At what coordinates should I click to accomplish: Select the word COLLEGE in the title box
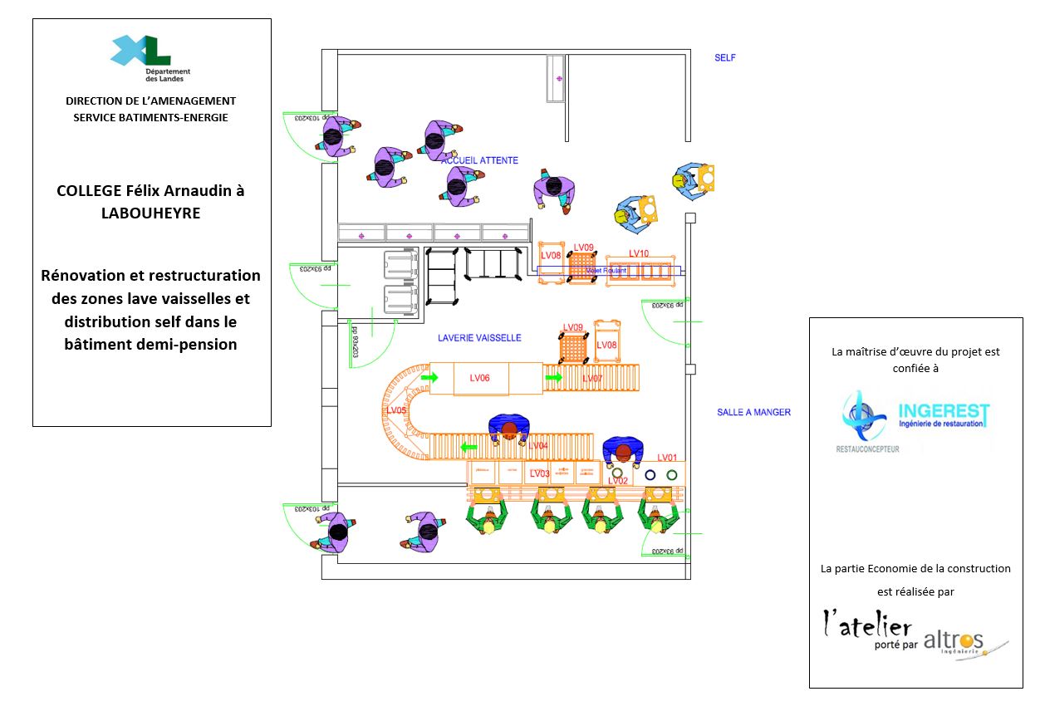88,190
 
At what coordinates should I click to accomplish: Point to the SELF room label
725,58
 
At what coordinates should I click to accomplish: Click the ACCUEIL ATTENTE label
480,160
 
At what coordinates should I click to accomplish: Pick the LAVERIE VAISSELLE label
479,338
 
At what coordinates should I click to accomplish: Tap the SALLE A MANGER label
753,412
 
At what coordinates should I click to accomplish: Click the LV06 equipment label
479,378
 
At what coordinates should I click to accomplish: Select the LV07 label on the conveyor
592,379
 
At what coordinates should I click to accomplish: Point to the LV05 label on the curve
396,410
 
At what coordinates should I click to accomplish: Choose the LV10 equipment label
639,253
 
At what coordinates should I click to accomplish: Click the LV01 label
667,458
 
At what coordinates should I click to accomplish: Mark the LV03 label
539,473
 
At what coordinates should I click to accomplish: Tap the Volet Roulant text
606,271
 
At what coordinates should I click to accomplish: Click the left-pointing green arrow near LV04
469,448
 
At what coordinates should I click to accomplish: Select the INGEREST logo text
944,412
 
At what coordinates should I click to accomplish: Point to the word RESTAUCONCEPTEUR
867,449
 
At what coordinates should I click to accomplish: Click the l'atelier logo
867,626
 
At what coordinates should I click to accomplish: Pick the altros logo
954,640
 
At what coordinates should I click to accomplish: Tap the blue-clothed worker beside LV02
623,451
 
